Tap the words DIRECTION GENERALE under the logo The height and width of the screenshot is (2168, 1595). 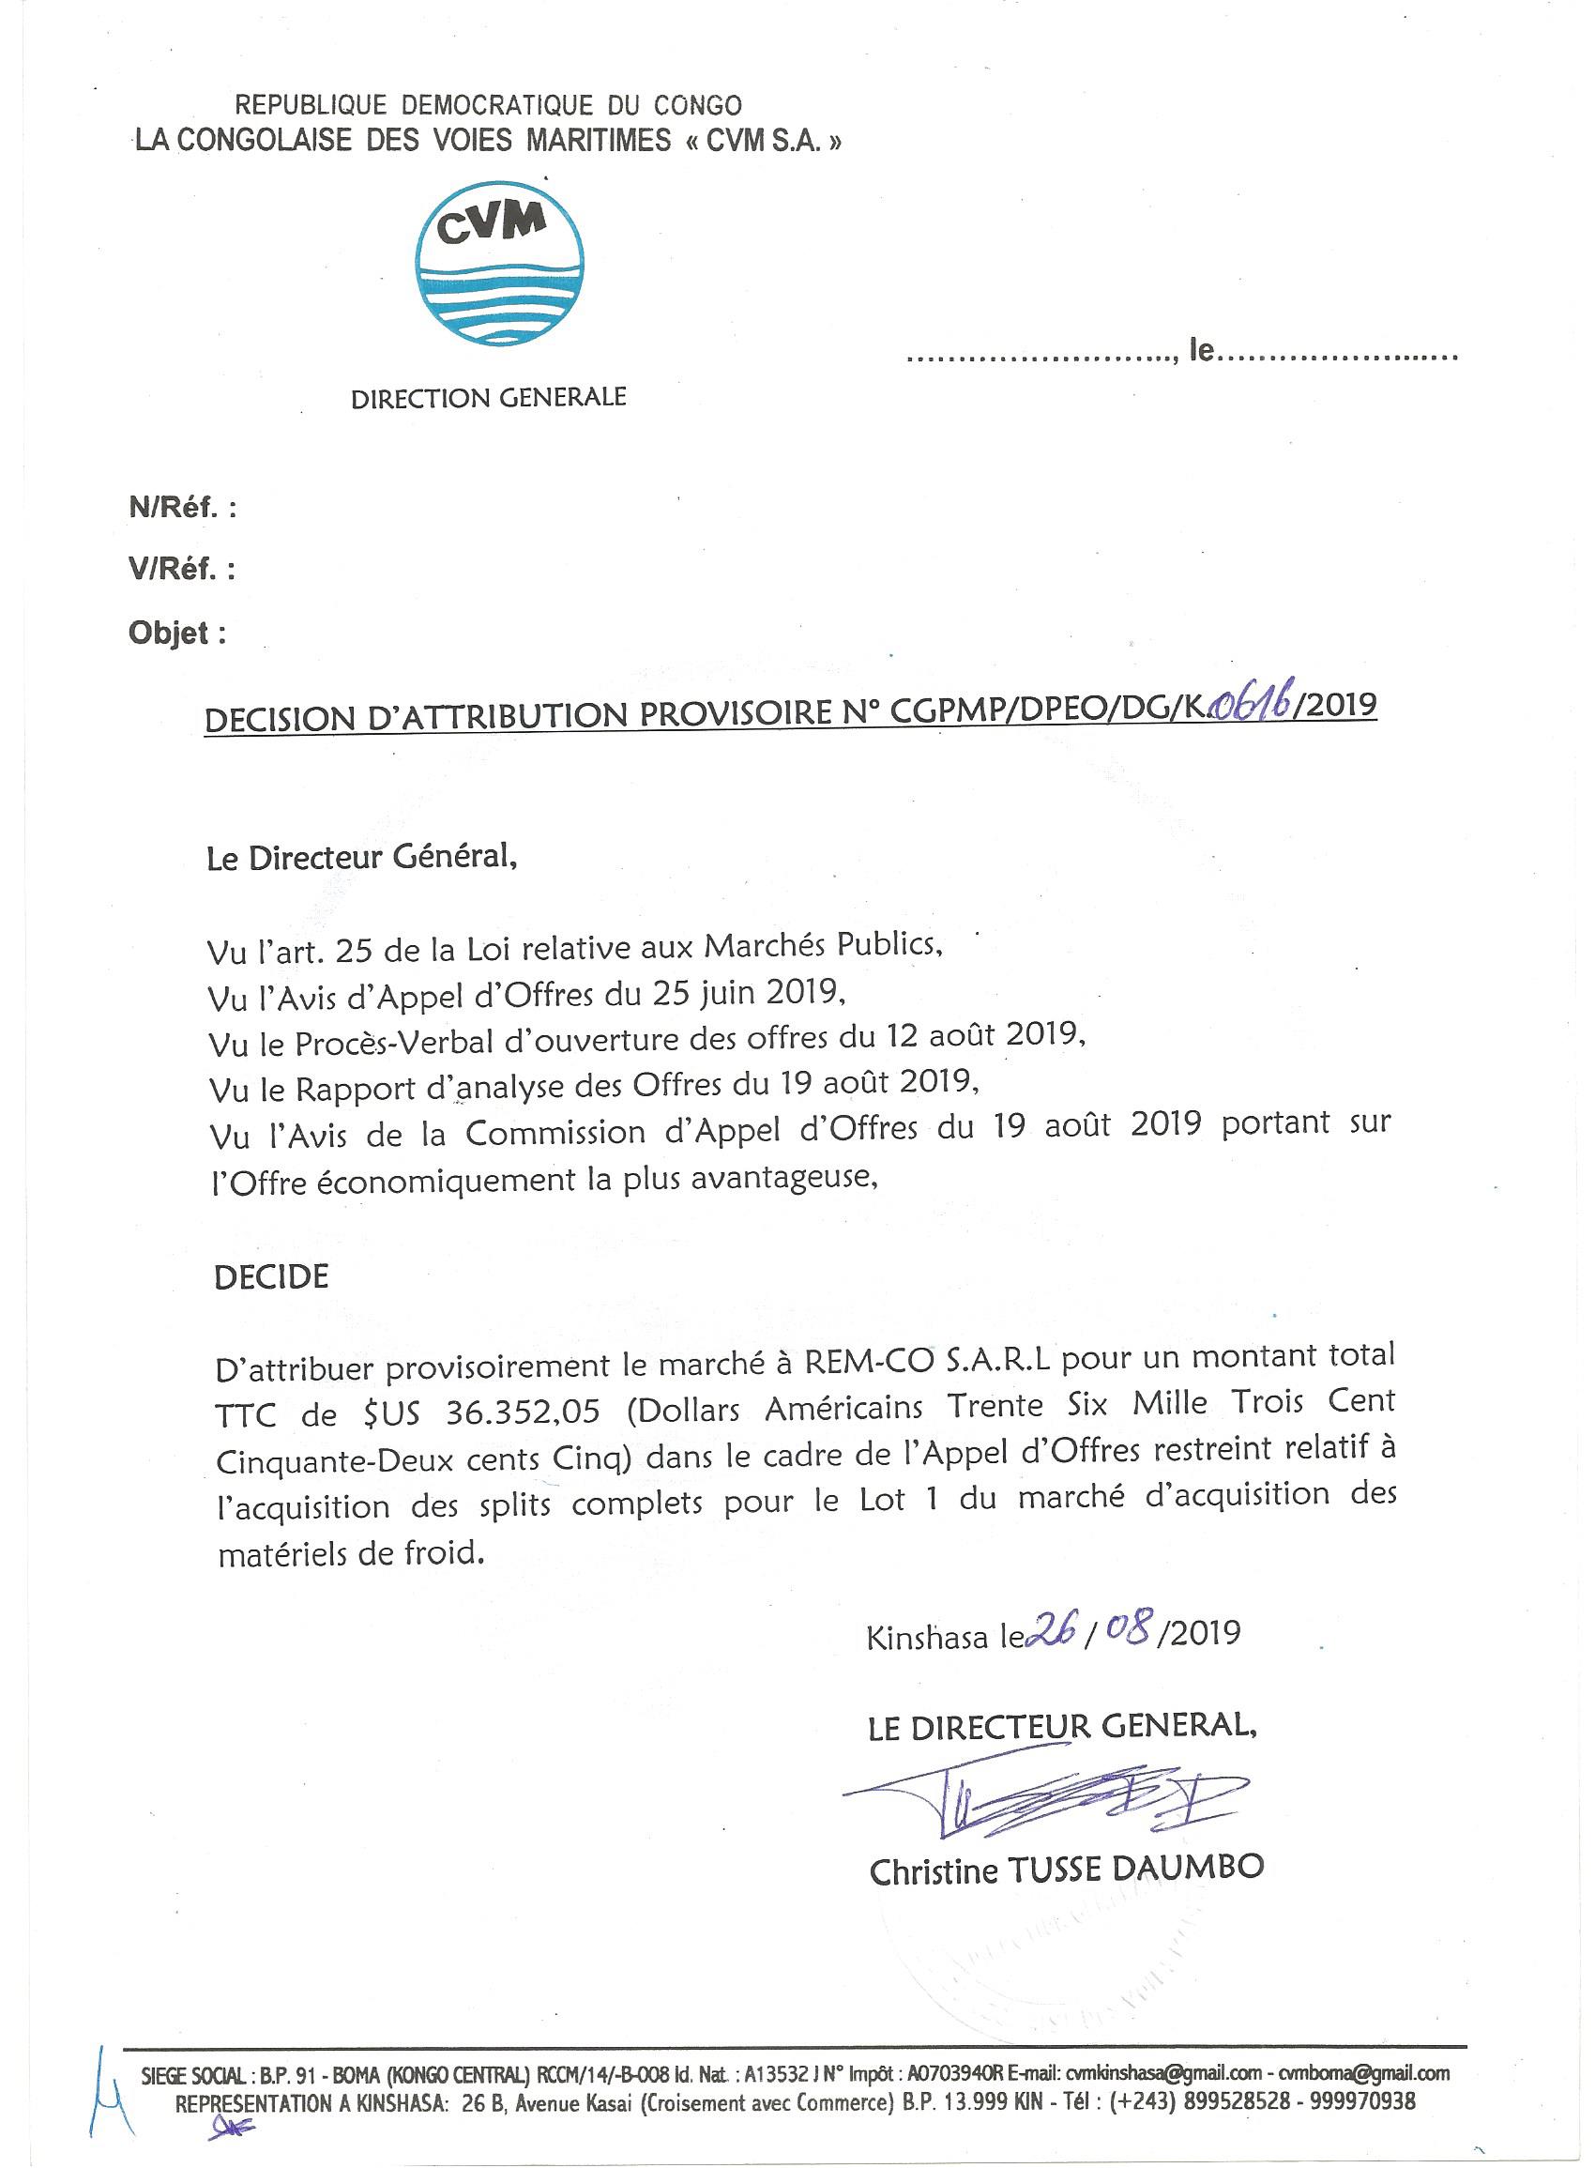pyautogui.click(x=489, y=397)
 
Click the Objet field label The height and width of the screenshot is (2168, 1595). pyautogui.click(x=177, y=634)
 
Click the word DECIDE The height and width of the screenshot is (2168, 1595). pyautogui.click(x=271, y=1276)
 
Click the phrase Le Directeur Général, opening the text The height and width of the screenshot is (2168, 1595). pyautogui.click(x=362, y=858)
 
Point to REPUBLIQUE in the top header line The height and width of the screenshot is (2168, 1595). pyautogui.click(x=311, y=105)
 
